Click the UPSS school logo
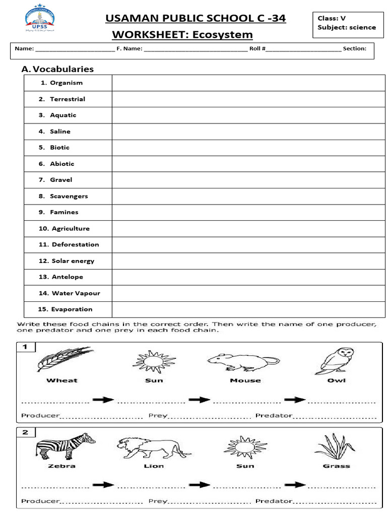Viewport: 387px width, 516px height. pos(40,19)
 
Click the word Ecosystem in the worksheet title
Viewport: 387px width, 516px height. pos(222,35)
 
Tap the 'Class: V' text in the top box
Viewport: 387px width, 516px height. pos(332,18)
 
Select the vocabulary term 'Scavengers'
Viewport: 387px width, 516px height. pos(69,196)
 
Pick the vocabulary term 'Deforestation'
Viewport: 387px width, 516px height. pos(75,244)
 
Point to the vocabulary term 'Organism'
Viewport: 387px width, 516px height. pos(66,83)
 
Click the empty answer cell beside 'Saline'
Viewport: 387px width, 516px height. pos(248,132)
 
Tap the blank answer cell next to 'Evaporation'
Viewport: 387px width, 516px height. pos(248,309)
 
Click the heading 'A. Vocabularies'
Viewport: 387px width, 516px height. pos(57,69)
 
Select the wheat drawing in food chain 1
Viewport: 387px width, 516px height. pos(63,359)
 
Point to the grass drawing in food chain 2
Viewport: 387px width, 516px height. pos(335,445)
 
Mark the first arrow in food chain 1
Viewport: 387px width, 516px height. pos(103,400)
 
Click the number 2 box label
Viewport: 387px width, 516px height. pos(26,432)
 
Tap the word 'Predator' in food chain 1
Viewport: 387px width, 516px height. pos(274,416)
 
